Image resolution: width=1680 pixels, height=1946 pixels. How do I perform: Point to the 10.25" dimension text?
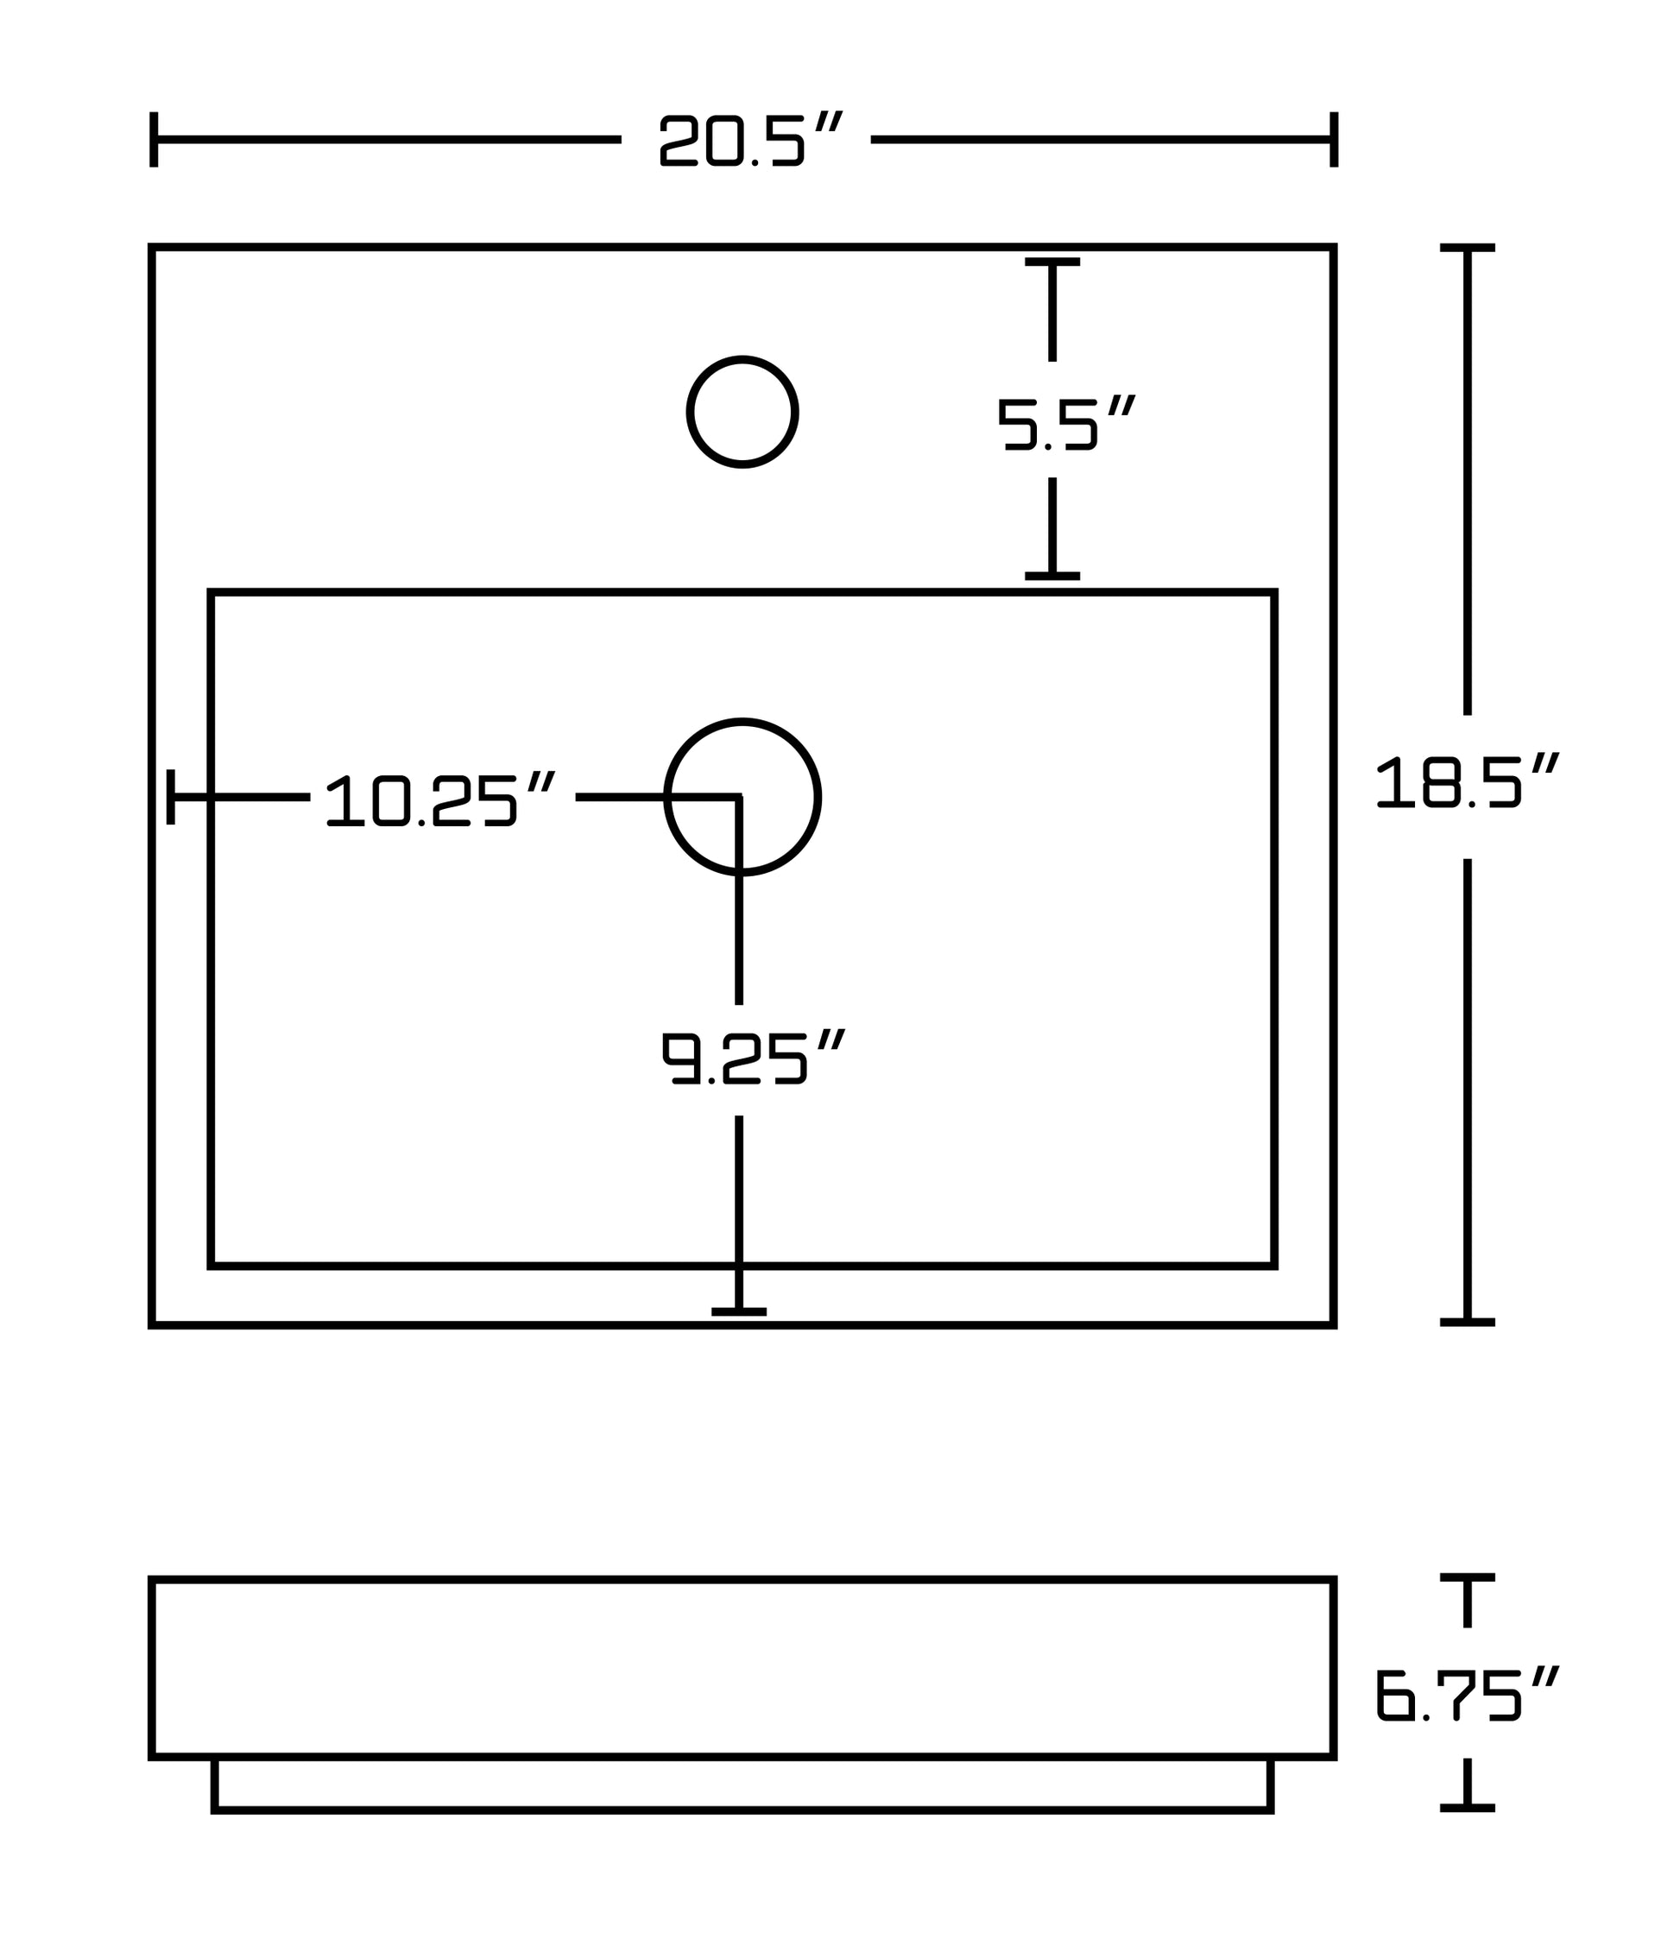click(x=439, y=799)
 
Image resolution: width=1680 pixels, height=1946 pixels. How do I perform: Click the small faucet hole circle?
click(x=742, y=411)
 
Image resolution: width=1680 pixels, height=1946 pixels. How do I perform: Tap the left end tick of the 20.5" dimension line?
click(x=154, y=139)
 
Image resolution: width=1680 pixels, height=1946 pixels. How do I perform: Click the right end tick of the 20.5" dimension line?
click(x=1334, y=139)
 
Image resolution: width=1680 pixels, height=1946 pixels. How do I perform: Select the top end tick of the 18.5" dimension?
click(x=1467, y=248)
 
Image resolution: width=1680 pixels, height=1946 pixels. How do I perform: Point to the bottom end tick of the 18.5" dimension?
click(x=1467, y=1323)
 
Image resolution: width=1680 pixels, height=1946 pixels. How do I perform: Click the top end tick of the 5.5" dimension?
click(x=1052, y=262)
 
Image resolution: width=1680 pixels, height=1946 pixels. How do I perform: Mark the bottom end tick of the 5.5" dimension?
click(x=1052, y=576)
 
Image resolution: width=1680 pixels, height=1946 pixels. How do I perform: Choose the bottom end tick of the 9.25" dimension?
click(x=739, y=1311)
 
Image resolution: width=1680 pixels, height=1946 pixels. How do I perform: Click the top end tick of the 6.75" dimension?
click(x=1467, y=1576)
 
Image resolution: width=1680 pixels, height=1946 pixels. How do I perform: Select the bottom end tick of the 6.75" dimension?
click(x=1467, y=1807)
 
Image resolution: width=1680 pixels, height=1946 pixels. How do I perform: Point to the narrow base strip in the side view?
click(x=742, y=1784)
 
